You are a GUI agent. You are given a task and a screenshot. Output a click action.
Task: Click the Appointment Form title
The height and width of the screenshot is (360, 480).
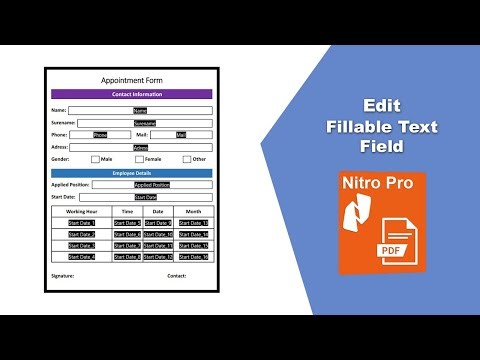(x=132, y=80)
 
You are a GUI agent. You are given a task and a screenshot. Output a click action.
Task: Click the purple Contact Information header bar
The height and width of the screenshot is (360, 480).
(x=132, y=94)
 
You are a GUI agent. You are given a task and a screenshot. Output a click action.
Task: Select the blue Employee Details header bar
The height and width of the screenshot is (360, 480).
(x=132, y=173)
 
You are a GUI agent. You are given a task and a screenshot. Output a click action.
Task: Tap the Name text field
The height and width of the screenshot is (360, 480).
(x=139, y=110)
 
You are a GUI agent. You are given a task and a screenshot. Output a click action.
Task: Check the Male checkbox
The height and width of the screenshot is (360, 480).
(x=95, y=159)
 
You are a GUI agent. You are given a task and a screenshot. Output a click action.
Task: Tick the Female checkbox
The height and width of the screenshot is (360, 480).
(x=139, y=159)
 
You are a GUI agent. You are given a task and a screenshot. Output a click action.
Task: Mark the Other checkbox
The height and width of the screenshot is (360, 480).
(x=187, y=159)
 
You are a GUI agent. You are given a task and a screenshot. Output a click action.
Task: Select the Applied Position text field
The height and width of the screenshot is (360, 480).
(x=152, y=185)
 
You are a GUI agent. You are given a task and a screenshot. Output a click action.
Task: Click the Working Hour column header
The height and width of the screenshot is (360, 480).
(x=81, y=212)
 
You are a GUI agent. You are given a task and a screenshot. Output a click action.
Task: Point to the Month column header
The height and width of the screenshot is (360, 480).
(x=193, y=212)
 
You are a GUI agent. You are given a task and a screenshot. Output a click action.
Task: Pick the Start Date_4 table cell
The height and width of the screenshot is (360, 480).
(x=81, y=257)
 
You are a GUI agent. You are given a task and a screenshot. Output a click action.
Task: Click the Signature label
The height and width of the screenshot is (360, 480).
(x=64, y=275)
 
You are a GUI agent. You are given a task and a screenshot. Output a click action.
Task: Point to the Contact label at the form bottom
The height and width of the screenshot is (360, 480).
(x=177, y=275)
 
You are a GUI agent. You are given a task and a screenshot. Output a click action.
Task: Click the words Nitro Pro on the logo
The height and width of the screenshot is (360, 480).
(x=380, y=185)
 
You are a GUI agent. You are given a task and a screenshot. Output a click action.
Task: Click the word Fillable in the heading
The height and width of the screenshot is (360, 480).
(x=369, y=126)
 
